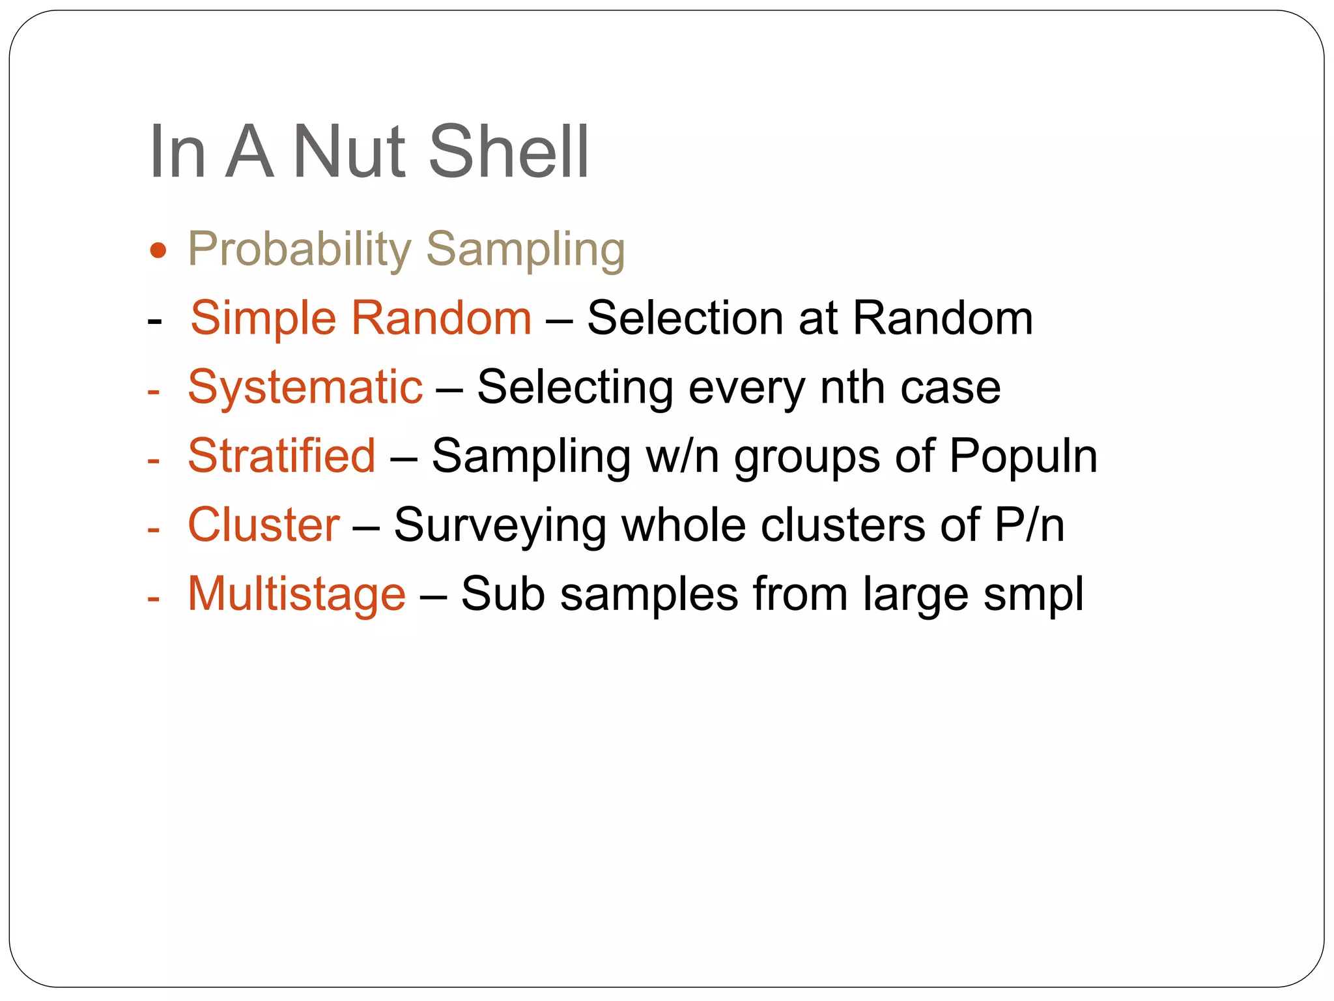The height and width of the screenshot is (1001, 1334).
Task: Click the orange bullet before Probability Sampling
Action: [x=158, y=250]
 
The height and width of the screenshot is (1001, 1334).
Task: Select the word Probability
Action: [x=299, y=250]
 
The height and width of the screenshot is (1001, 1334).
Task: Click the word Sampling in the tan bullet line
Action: [x=526, y=250]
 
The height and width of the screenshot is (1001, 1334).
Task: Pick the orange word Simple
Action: [x=263, y=319]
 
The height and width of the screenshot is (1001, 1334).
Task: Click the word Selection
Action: [x=685, y=319]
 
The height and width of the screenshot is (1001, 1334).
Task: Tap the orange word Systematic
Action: [x=305, y=388]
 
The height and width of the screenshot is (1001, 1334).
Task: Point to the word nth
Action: [x=853, y=388]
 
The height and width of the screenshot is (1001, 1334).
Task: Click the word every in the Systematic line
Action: [x=746, y=389]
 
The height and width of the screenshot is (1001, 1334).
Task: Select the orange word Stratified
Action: [x=281, y=456]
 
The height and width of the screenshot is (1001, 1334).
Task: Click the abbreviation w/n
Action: [x=682, y=456]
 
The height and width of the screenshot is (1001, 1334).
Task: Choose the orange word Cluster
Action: [x=263, y=525]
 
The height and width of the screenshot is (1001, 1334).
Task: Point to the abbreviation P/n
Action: [x=1029, y=525]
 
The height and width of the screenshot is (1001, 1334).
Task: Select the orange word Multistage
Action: [x=296, y=595]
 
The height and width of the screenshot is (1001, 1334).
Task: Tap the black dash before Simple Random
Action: [x=154, y=321]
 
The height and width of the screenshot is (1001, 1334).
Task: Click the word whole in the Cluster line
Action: [x=683, y=525]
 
